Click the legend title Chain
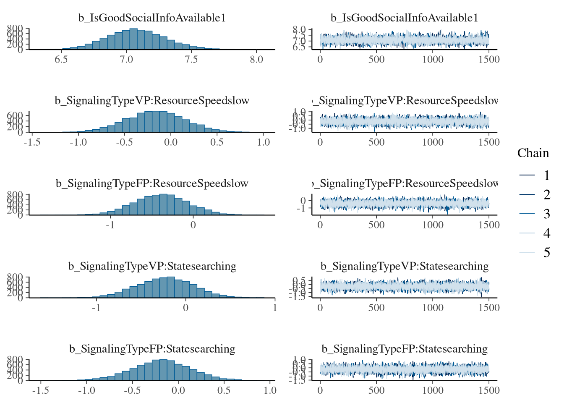click(533, 153)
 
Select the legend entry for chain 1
click(546, 175)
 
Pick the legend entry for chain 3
click(546, 214)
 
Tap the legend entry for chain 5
click(546, 252)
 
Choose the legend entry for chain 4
click(546, 233)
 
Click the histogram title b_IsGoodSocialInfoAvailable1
click(152, 18)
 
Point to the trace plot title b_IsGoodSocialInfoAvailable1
click(405, 18)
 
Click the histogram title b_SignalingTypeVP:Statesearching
click(152, 266)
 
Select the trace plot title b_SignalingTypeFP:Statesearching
click(405, 349)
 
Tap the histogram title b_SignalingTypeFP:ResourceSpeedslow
click(152, 183)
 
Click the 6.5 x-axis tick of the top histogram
click(61, 60)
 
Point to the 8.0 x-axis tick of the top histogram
click(256, 60)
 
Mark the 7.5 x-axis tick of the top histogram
click(191, 60)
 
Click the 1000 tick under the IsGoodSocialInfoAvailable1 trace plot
click(433, 60)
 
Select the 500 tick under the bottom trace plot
click(376, 390)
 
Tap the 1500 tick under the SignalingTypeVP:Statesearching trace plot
click(489, 308)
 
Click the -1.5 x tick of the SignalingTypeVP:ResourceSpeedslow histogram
click(32, 142)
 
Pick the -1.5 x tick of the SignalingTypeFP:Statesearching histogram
click(41, 390)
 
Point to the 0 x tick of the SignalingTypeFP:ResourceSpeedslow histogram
click(193, 225)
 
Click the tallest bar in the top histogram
click(133, 39)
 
